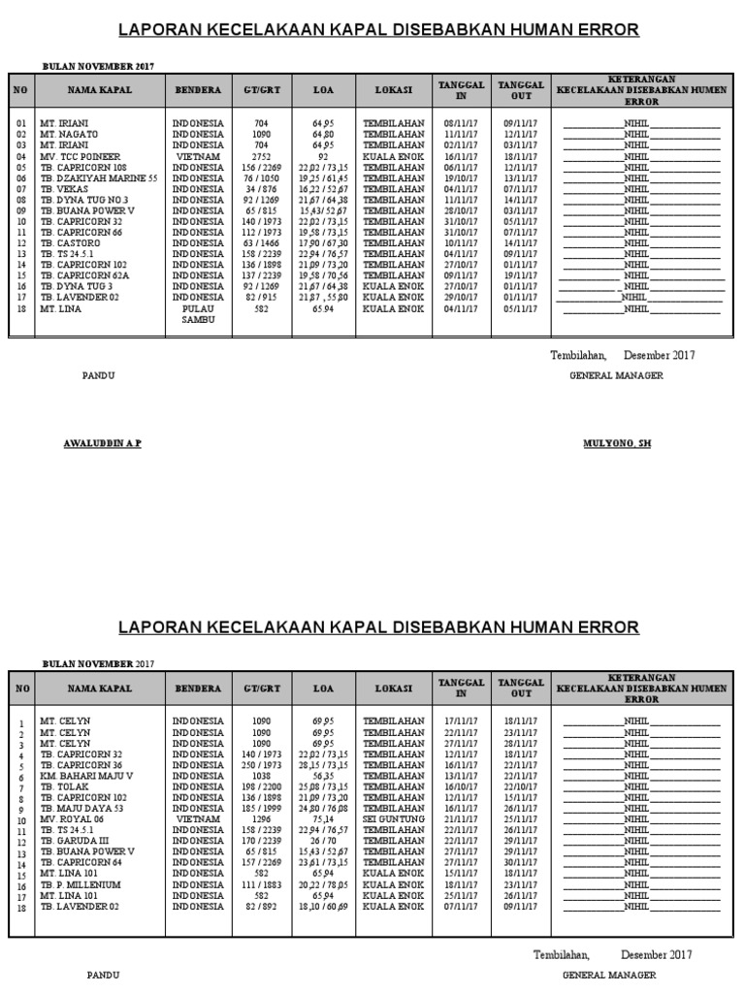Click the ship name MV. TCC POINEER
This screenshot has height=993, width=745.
click(x=81, y=156)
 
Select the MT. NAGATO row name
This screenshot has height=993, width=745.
click(x=67, y=135)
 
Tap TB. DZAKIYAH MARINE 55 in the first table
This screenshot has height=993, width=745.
click(x=98, y=178)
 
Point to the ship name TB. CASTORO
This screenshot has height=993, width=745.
click(x=69, y=243)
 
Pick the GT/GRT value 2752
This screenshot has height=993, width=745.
click(x=261, y=156)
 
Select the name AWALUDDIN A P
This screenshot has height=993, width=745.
click(x=102, y=442)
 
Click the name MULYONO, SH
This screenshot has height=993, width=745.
click(x=616, y=442)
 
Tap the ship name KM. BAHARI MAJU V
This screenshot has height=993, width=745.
click(x=86, y=776)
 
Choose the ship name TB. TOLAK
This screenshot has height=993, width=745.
click(x=64, y=786)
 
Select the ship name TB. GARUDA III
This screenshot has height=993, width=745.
click(x=75, y=841)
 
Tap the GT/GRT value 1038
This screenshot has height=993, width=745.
click(x=261, y=776)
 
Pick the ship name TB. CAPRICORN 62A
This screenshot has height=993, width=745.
click(x=84, y=275)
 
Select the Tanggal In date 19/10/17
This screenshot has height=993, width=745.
click(x=461, y=178)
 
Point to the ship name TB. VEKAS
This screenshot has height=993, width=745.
click(x=64, y=189)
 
